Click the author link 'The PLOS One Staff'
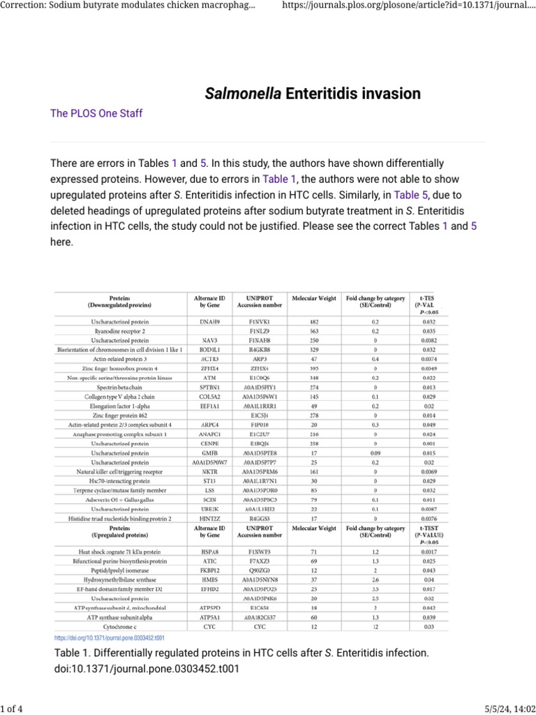[97, 113]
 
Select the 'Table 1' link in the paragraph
[279, 178]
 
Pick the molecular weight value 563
[314, 331]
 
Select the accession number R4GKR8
[259, 348]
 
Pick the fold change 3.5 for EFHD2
[375, 589]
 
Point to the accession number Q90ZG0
[259, 570]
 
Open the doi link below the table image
[110, 638]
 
